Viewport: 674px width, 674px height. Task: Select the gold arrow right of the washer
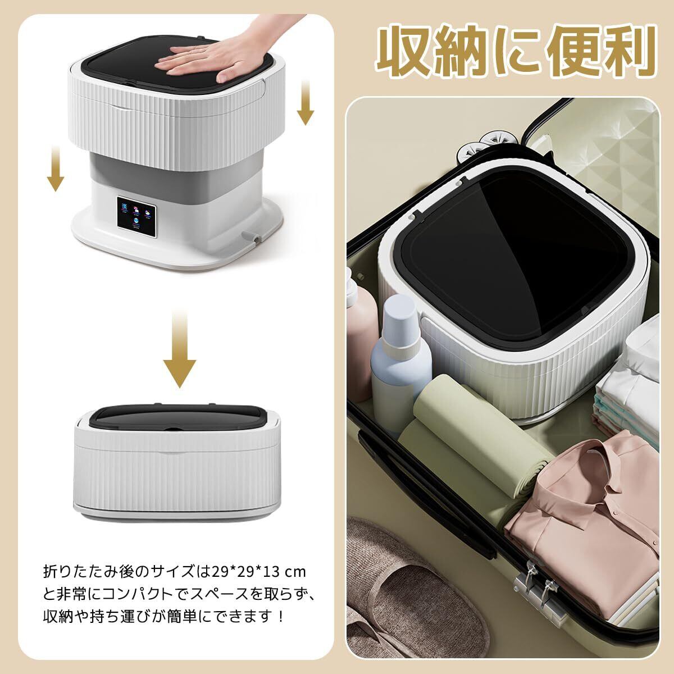point(306,102)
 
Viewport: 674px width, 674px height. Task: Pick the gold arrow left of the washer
point(56,168)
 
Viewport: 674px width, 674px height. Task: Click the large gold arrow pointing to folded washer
point(179,350)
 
